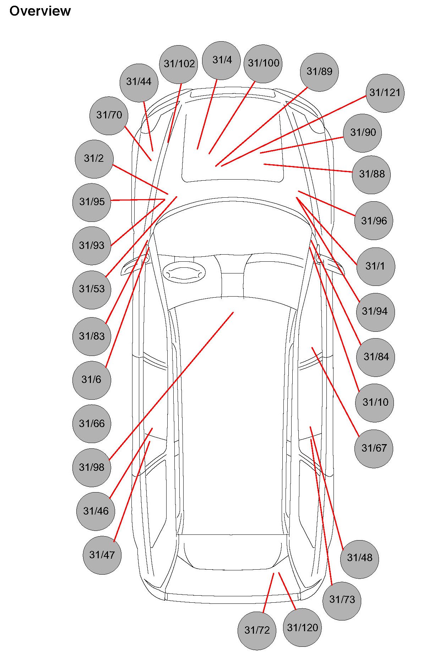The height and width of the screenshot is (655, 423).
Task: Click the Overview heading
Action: (40, 11)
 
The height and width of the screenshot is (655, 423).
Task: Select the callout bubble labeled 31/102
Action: (179, 64)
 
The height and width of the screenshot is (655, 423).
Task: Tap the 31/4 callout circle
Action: (221, 60)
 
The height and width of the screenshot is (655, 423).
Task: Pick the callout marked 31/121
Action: (385, 93)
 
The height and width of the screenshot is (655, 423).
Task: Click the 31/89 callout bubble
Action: (319, 72)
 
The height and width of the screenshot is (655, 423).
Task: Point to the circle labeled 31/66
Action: (92, 424)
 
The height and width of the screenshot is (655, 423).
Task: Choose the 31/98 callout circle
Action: (92, 468)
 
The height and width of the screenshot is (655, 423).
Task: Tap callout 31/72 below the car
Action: (257, 630)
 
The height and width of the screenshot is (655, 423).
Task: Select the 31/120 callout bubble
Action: (302, 628)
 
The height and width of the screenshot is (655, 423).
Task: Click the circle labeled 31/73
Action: (342, 600)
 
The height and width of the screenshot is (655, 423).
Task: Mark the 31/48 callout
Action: (359, 558)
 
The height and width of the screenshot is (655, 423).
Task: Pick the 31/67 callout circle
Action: (374, 448)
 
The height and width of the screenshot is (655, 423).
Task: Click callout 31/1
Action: (375, 266)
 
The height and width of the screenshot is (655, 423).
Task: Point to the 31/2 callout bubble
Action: (94, 159)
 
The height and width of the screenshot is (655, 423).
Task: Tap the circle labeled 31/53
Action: (92, 289)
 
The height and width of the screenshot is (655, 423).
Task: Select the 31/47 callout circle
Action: (102, 555)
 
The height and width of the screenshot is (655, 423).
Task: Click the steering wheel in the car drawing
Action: (184, 273)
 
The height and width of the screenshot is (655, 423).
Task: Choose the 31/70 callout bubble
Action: (109, 115)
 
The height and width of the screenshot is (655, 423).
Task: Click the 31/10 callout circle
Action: (375, 403)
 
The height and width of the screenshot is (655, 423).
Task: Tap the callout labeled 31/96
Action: (374, 221)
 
